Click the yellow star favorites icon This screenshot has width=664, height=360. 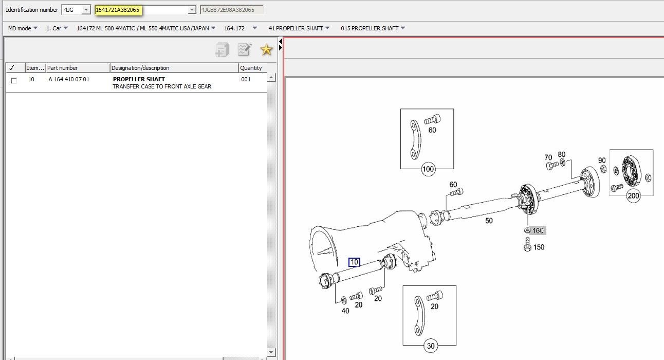click(266, 50)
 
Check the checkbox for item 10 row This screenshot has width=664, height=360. click(14, 81)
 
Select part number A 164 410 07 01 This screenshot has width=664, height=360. click(69, 80)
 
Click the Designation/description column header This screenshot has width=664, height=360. click(141, 68)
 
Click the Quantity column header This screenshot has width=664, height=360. click(251, 68)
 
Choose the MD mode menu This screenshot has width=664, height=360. click(23, 28)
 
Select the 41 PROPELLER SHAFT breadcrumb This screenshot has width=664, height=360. click(299, 28)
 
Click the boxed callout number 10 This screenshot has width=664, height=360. click(354, 262)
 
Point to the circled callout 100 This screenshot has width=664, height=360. click(428, 169)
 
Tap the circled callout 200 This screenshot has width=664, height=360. click(633, 195)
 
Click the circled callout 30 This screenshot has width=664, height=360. click(431, 346)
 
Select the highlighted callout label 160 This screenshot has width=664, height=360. click(538, 230)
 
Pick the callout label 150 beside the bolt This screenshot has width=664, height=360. click(538, 247)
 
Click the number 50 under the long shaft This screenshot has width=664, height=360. click(488, 221)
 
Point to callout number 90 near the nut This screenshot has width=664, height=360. click(601, 160)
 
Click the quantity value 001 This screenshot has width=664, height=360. click(246, 80)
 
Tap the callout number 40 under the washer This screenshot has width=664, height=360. click(345, 311)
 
